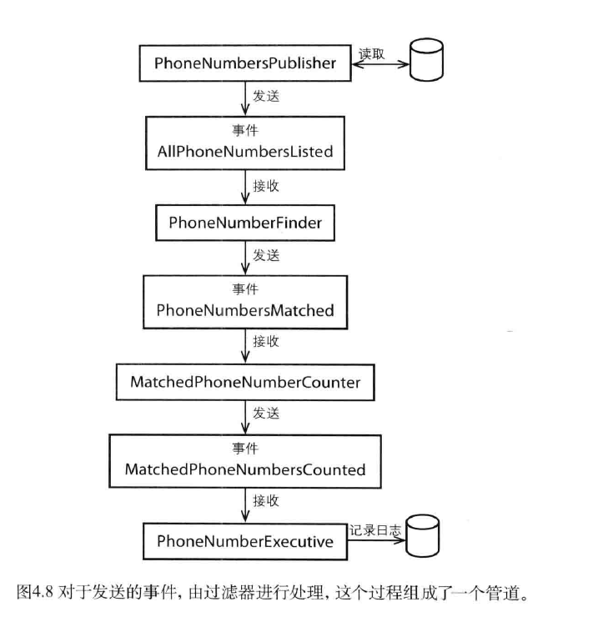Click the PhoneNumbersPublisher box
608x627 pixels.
pos(245,63)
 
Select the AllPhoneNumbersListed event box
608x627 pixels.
pos(245,142)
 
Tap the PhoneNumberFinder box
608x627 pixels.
pos(245,223)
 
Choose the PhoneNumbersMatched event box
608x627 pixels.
pos(245,301)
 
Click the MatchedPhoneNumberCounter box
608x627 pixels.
pos(245,382)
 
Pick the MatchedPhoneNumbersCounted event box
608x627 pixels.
pos(245,460)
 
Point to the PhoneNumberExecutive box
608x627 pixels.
pos(245,541)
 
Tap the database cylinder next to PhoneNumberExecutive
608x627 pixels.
pos(422,539)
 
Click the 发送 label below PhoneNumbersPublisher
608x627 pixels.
pos(266,96)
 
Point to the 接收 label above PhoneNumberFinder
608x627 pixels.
pos(266,186)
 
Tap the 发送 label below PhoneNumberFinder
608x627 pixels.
pos(266,256)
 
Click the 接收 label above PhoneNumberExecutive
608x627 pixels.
pos(266,501)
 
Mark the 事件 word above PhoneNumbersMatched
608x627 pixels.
pos(245,290)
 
